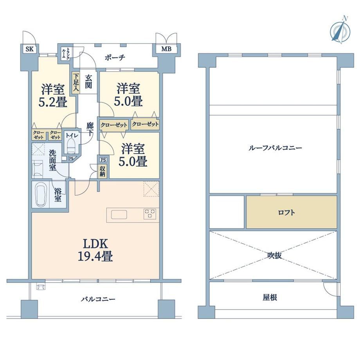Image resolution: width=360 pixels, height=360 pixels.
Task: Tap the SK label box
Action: tap(29, 49)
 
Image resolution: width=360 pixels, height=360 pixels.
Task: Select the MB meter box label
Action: tap(166, 49)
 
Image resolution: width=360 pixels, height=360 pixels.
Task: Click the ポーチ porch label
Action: tap(115, 58)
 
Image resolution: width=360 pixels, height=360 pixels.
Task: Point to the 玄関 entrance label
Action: tap(88, 81)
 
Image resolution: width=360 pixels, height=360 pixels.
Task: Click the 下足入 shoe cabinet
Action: tap(76, 83)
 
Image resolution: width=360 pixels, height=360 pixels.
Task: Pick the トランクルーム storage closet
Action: tap(65, 54)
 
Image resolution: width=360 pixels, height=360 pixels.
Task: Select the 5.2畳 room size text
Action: tap(53, 102)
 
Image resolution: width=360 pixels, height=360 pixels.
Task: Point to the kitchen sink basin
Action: tap(119, 214)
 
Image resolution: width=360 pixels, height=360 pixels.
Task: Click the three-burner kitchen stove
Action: tap(150, 214)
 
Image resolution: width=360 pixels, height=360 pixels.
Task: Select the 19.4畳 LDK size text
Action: tap(95, 256)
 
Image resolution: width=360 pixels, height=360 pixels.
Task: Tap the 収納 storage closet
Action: tap(102, 171)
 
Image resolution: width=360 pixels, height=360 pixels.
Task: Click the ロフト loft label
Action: tap(286, 212)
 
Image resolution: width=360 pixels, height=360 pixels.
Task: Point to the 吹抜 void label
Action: tap(274, 255)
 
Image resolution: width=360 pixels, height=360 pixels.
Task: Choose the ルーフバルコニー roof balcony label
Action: tap(275, 148)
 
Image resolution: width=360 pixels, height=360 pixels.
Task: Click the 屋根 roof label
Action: tap(270, 297)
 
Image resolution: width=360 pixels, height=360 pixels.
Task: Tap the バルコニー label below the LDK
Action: tap(98, 299)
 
